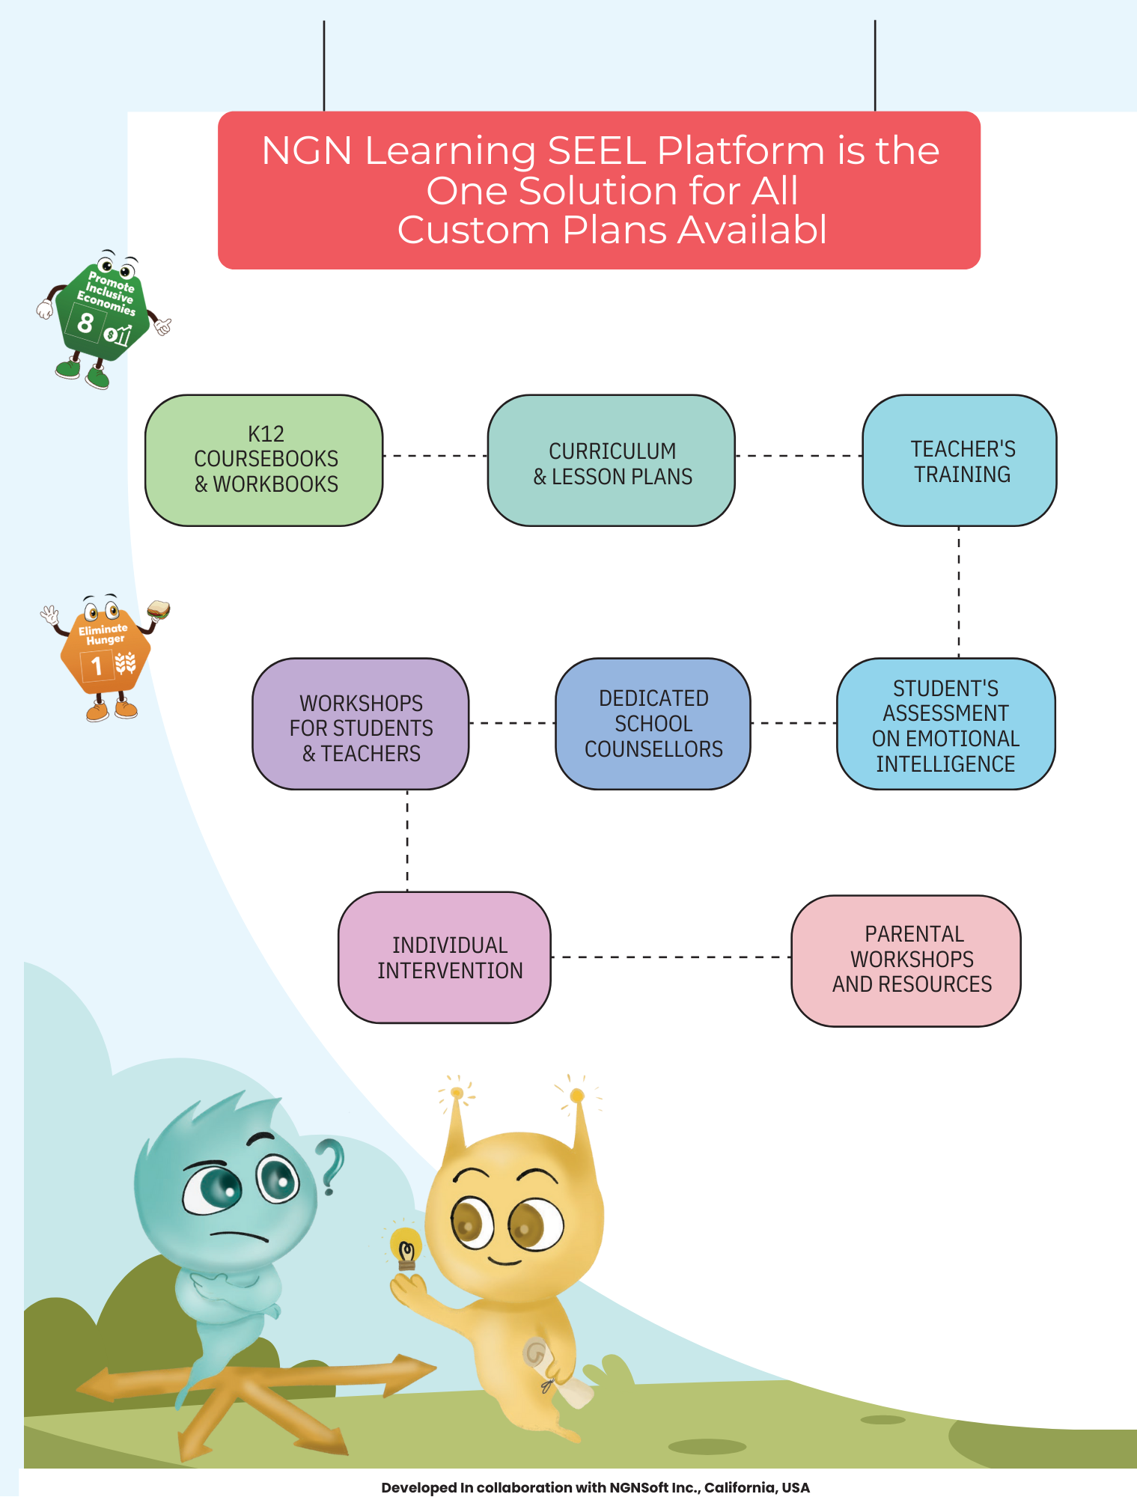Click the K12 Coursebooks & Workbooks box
coord(264,460)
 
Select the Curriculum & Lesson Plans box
coord(611,460)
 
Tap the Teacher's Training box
coord(960,460)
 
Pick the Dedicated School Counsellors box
coord(653,724)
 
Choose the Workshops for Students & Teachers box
coord(361,724)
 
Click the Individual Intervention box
coord(445,957)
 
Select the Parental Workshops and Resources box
coord(906,960)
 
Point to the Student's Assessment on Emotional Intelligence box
coord(945,724)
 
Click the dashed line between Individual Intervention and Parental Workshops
coord(671,957)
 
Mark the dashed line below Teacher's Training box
coord(959,591)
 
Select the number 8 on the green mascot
coord(85,323)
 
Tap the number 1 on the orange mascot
coord(97,665)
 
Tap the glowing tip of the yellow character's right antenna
coord(576,1096)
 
